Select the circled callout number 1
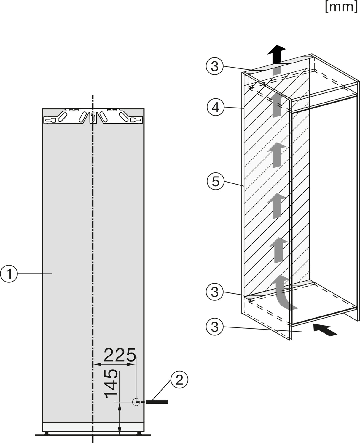click(9, 274)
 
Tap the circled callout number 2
click(179, 380)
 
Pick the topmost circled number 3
click(214, 66)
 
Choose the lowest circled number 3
click(214, 327)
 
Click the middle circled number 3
click(214, 292)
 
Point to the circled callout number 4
click(216, 107)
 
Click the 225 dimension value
click(120, 355)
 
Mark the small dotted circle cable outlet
click(136, 402)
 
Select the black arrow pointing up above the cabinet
click(276, 53)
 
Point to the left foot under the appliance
click(47, 433)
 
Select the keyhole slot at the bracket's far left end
click(50, 120)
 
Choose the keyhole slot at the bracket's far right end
click(136, 120)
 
